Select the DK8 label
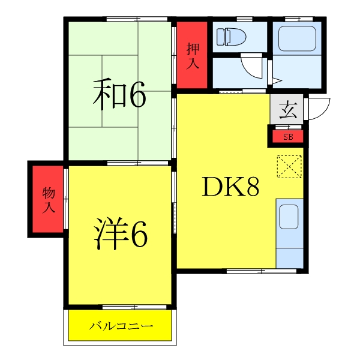tap(230, 187)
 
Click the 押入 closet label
tap(192, 55)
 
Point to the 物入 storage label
tap(49, 200)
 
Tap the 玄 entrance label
tap(289, 110)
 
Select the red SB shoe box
tap(288, 137)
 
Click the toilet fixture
tap(230, 37)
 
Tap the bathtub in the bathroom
tap(298, 39)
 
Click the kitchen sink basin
tap(289, 215)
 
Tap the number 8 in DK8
tap(251, 187)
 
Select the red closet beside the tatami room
tap(192, 55)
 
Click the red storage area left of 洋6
tap(48, 199)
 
